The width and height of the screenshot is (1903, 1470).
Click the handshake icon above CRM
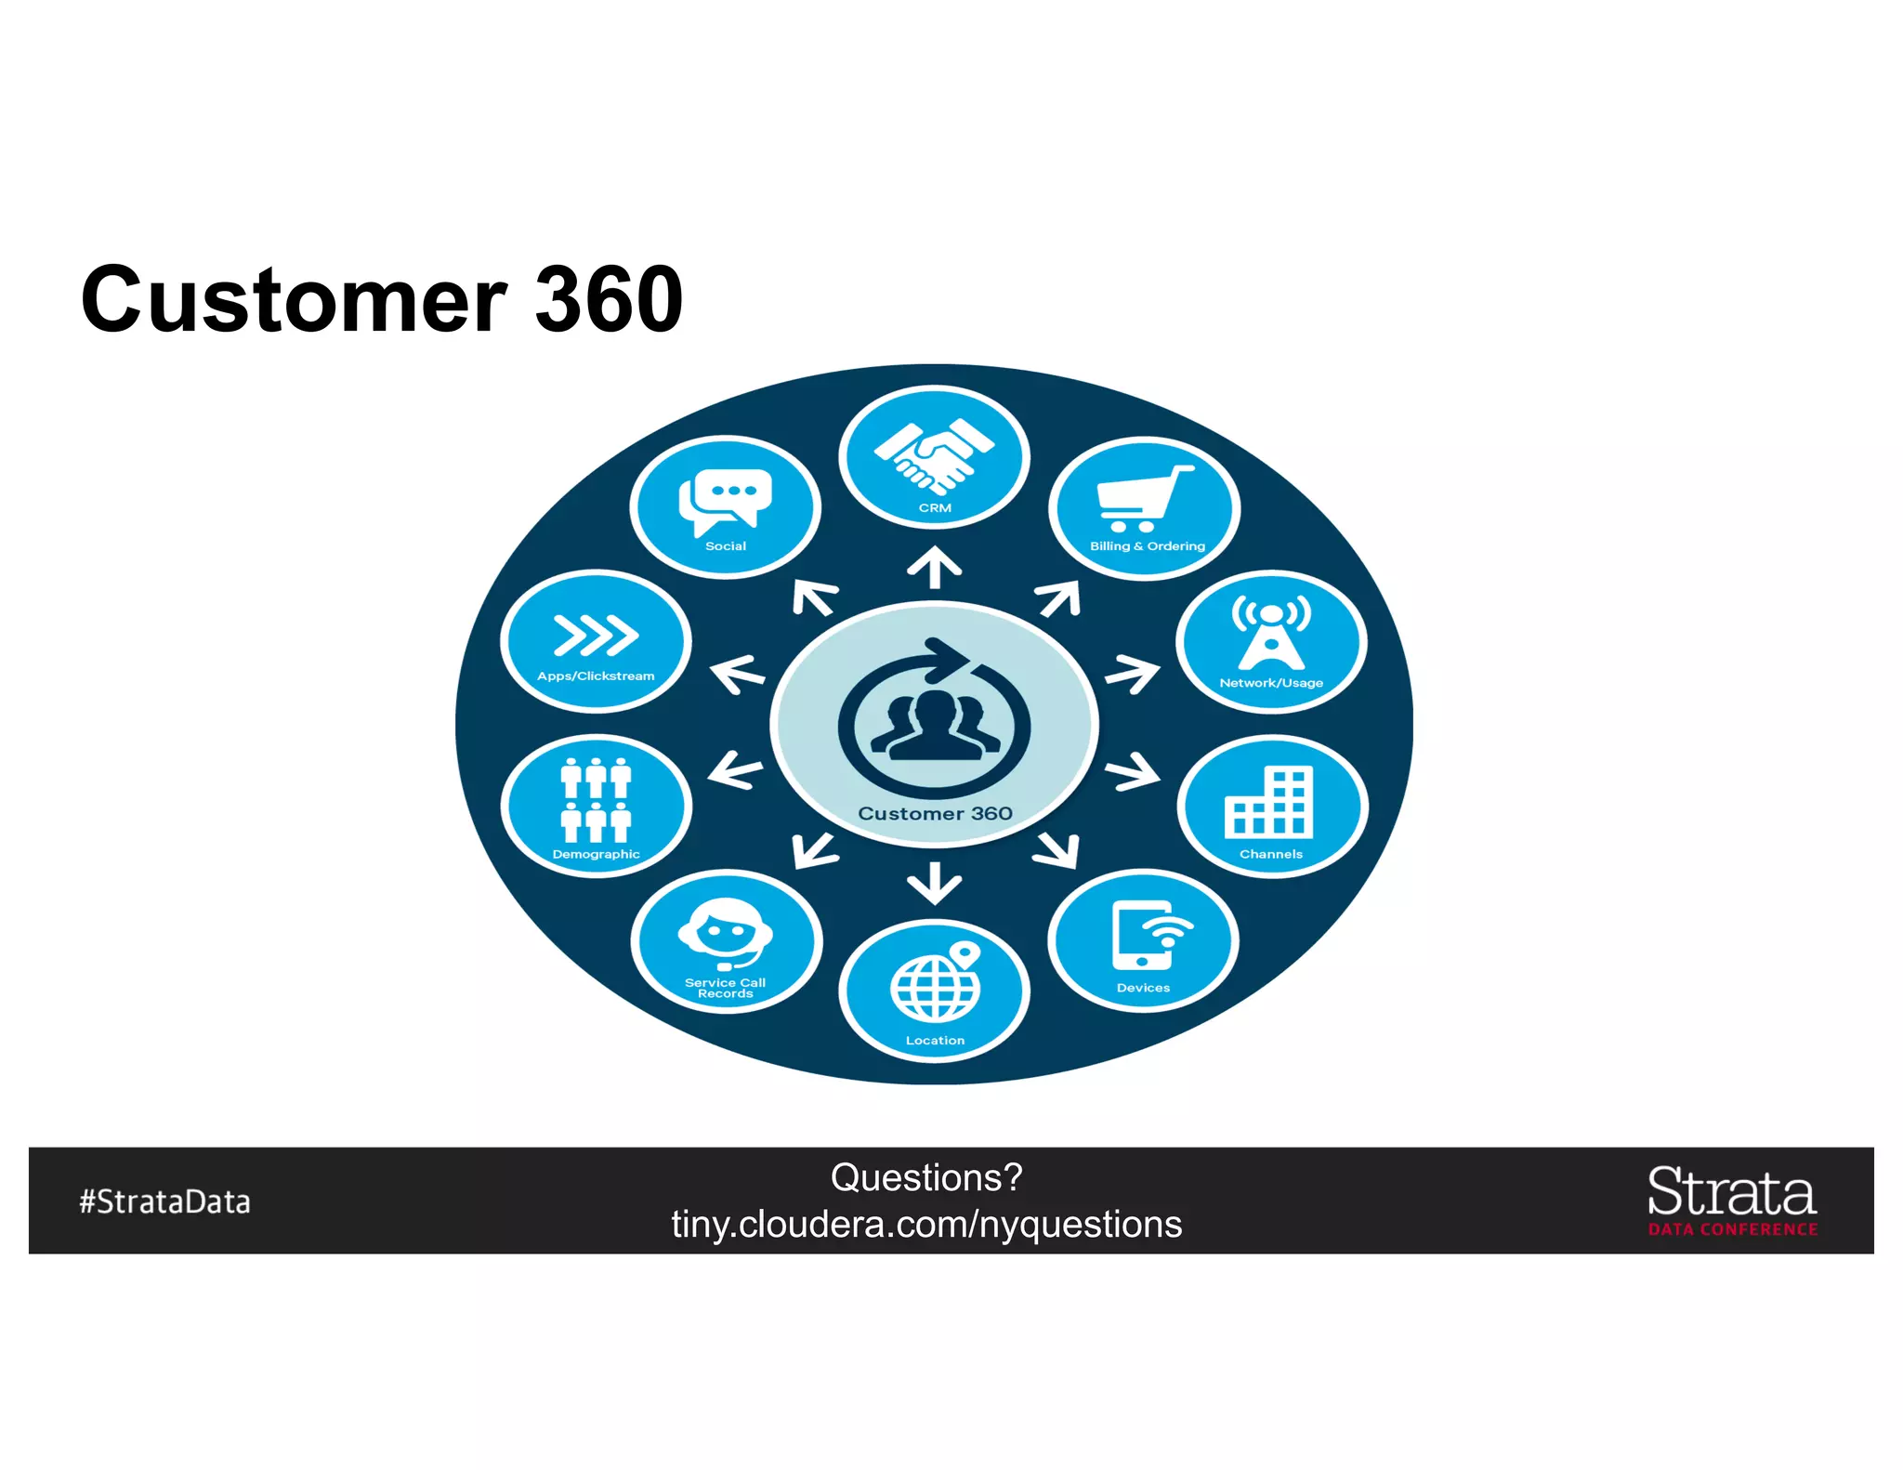click(934, 455)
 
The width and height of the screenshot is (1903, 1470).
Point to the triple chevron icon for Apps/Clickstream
click(596, 635)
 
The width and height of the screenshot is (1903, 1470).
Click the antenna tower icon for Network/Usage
click(1271, 632)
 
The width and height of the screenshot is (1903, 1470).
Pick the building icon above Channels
click(1269, 802)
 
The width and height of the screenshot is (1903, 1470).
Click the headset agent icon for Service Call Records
click(725, 933)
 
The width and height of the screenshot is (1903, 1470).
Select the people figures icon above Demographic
click(596, 799)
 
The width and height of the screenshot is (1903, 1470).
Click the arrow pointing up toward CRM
click(934, 567)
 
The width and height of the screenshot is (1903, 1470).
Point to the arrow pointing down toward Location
click(934, 883)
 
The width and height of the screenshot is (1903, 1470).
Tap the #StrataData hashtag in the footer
click(165, 1201)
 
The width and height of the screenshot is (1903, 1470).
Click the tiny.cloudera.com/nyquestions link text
click(926, 1225)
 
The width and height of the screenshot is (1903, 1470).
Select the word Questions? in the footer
click(926, 1177)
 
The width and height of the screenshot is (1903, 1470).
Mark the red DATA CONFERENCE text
click(1733, 1229)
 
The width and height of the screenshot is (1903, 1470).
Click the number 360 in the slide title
click(609, 299)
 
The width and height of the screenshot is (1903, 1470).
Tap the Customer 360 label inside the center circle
click(935, 814)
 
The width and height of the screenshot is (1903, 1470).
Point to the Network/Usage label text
click(1271, 683)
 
